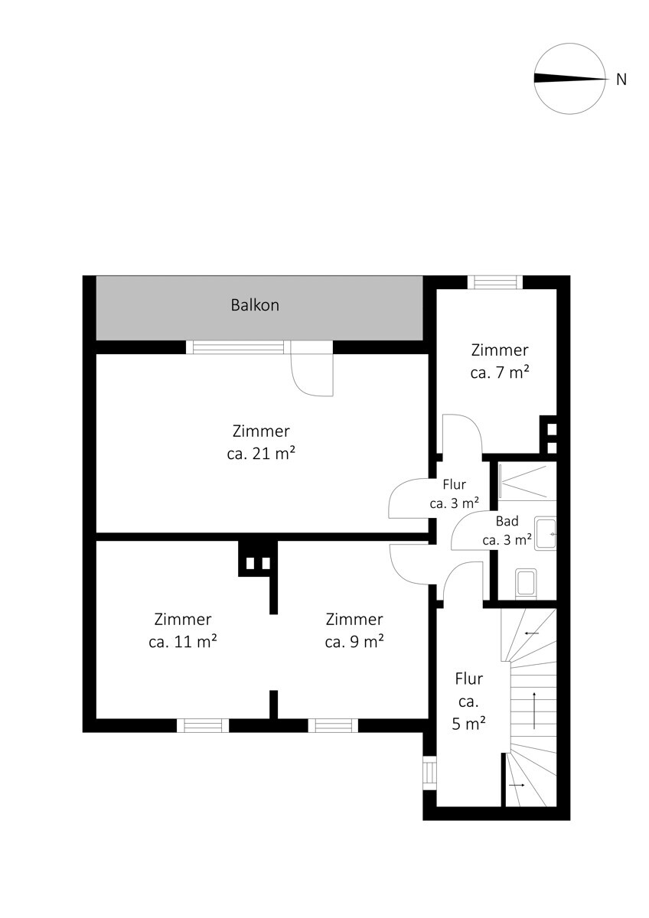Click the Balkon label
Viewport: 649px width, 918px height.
(255, 305)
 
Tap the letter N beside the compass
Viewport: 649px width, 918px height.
(621, 79)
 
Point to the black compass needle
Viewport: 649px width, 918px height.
(569, 79)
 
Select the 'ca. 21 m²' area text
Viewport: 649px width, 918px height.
(261, 454)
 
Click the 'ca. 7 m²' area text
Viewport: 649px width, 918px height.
(499, 373)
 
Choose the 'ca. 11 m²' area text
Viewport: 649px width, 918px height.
(182, 642)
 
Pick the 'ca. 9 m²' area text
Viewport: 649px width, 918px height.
(354, 642)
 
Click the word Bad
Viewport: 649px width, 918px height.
(507, 521)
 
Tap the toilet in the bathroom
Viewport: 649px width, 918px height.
(526, 583)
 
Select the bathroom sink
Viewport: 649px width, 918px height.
(545, 534)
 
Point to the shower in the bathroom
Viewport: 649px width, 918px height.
(527, 481)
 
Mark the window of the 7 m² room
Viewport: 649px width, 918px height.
(496, 282)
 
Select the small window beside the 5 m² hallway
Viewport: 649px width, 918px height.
(429, 773)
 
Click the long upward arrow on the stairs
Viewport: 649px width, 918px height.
(533, 711)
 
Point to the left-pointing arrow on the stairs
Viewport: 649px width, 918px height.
(531, 633)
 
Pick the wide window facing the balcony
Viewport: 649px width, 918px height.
(238, 347)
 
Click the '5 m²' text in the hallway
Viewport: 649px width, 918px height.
(468, 724)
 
